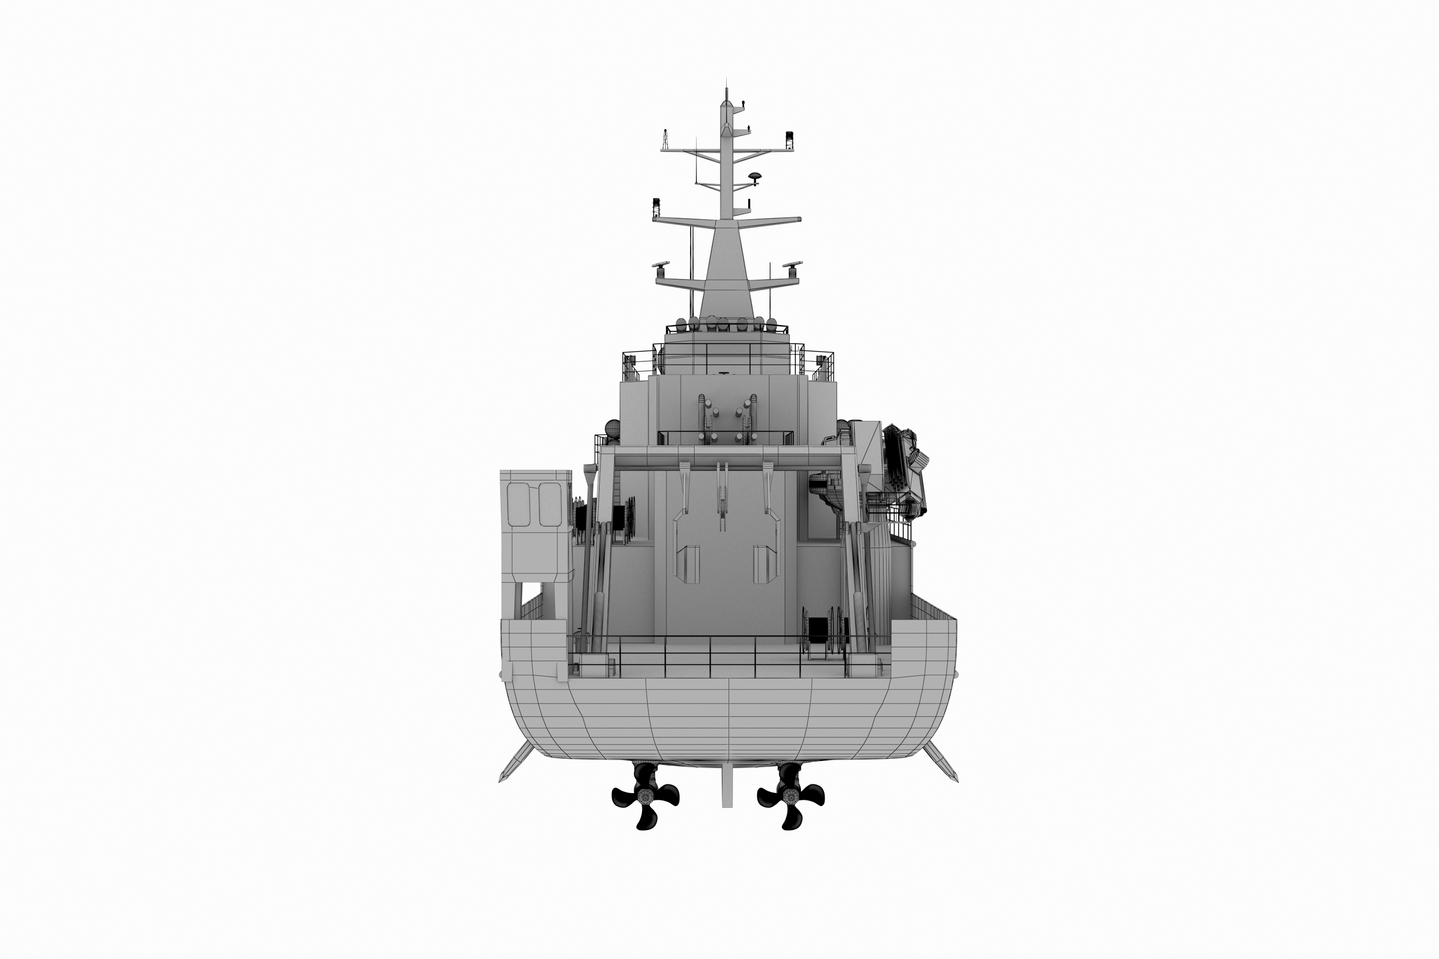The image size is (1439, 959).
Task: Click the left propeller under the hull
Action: click(646, 798)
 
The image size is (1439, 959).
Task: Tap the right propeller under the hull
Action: click(790, 798)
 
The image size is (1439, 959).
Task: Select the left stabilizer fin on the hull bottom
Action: click(515, 761)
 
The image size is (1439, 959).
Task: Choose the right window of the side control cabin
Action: click(549, 504)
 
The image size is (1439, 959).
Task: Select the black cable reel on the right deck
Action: click(818, 631)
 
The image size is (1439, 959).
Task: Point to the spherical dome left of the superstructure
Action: click(613, 428)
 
